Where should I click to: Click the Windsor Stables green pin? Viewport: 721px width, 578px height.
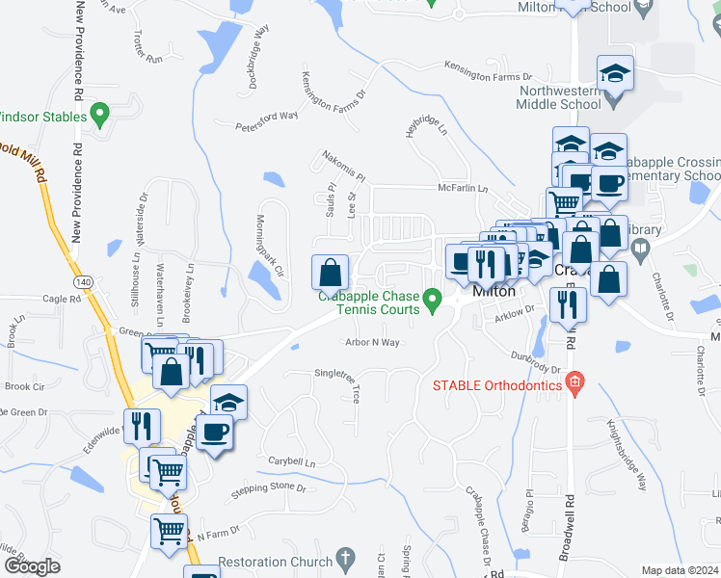(99, 117)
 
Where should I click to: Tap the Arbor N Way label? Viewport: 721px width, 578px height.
(372, 342)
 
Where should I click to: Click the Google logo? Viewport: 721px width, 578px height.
(32, 566)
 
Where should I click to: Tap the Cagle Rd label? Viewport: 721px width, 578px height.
(62, 300)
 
